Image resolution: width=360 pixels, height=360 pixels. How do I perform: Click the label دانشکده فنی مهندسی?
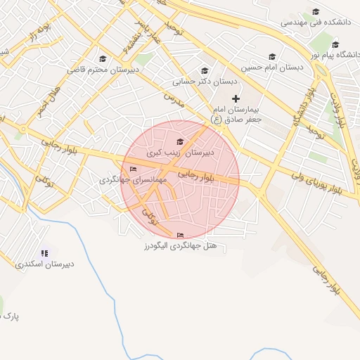[316, 22]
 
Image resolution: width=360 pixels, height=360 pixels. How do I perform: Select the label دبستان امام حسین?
[271, 67]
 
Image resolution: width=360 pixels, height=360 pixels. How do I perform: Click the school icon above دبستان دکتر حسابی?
[205, 70]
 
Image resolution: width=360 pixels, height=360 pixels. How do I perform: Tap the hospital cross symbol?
[236, 98]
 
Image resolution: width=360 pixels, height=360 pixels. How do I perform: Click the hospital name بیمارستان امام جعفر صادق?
[237, 115]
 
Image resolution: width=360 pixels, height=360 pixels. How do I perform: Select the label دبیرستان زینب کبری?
[180, 152]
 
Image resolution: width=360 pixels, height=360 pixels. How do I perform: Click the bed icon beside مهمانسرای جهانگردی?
[134, 169]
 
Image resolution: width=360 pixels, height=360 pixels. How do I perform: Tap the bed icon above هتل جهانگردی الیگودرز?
[181, 236]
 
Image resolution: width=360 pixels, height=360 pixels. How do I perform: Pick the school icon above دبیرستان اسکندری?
[45, 253]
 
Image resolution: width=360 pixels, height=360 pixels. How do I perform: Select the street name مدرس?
[174, 99]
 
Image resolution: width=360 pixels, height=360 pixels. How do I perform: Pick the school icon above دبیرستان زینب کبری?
[180, 142]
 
